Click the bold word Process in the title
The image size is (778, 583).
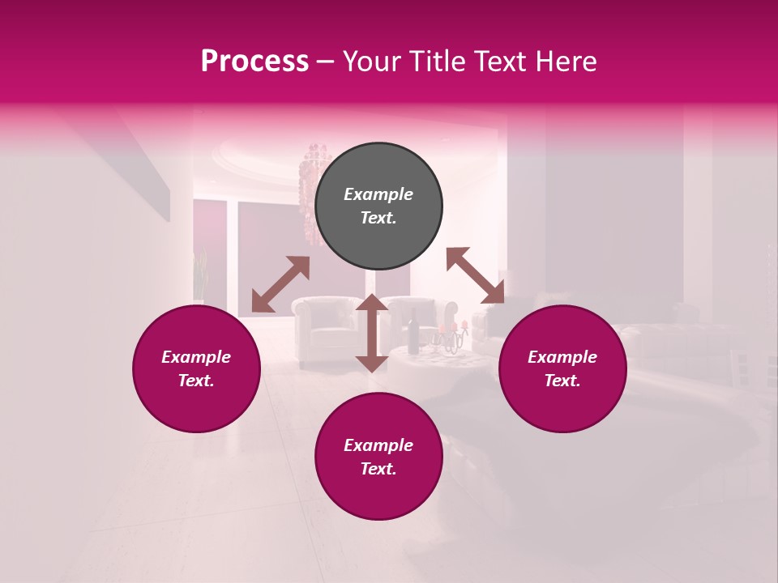point(254,62)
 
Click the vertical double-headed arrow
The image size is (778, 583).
point(372,333)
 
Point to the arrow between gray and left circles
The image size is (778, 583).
point(280,284)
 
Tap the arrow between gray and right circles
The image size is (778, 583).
point(475,275)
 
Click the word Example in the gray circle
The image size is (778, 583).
point(378,194)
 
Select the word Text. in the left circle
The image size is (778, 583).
point(196,381)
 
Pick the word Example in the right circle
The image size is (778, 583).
point(562,357)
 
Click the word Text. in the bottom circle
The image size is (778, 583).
point(378,469)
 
